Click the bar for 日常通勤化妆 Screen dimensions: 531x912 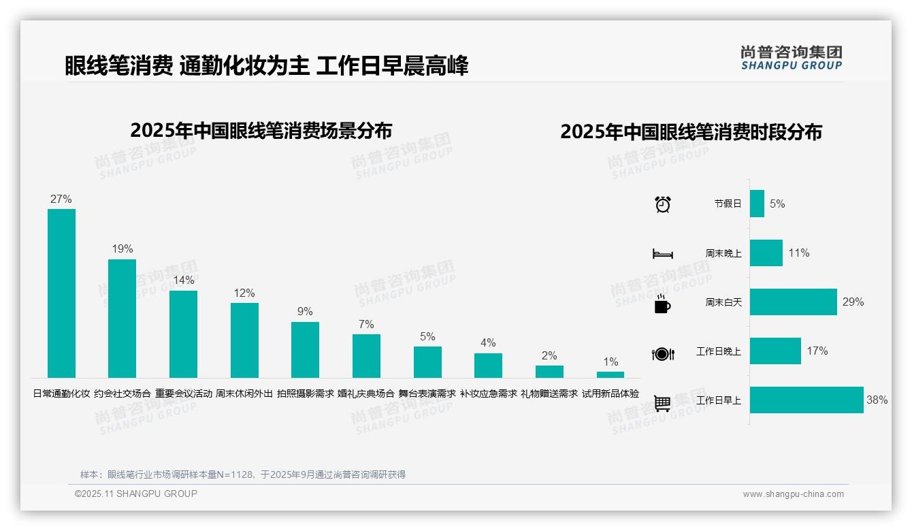[x=61, y=293]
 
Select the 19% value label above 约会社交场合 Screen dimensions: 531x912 [x=123, y=249]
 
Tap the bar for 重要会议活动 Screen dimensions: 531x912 [x=183, y=334]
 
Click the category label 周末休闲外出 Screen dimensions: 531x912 [x=244, y=393]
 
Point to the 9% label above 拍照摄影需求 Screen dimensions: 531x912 [x=305, y=312]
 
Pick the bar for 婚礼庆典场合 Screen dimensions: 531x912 [x=366, y=356]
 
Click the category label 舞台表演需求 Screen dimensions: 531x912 [x=427, y=393]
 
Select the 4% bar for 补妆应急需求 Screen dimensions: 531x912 [x=488, y=366]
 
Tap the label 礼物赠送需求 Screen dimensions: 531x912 [x=549, y=393]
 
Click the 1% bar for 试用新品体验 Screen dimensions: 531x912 [x=610, y=374]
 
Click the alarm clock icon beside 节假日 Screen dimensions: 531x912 [x=662, y=204]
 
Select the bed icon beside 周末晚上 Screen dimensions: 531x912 [x=662, y=254]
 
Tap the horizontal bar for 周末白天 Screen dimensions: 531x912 [x=793, y=302]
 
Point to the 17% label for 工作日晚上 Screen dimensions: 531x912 [x=817, y=351]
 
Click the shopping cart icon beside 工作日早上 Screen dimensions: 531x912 [x=662, y=403]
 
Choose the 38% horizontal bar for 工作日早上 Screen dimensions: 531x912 [x=807, y=400]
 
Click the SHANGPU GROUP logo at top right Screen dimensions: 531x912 [x=791, y=58]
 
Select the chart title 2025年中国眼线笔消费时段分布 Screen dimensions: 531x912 [x=691, y=132]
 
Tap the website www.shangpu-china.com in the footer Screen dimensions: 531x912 [x=793, y=494]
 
